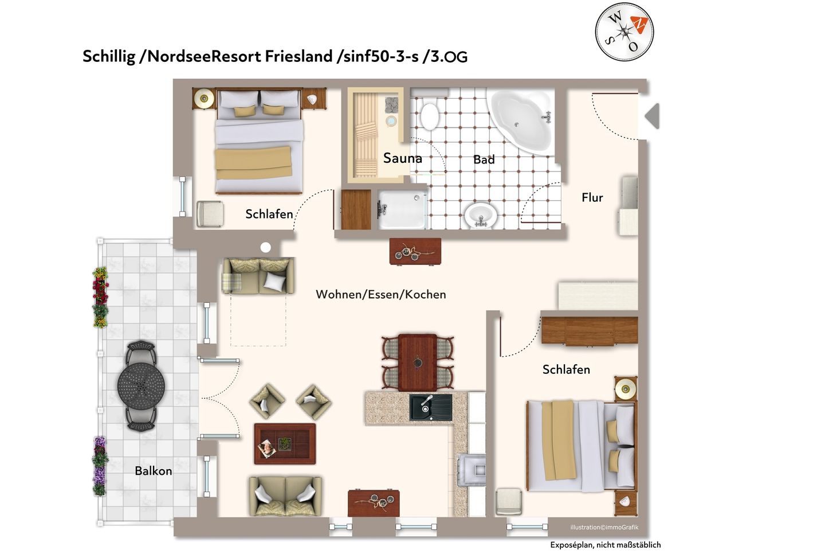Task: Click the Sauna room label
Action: (x=402, y=158)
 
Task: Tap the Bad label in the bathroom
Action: (x=484, y=159)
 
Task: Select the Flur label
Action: (x=592, y=197)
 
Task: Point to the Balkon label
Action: (x=153, y=471)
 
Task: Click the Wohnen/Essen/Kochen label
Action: (x=381, y=295)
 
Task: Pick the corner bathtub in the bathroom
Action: (x=521, y=120)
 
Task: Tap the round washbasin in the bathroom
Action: (x=481, y=215)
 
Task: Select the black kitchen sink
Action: (x=431, y=407)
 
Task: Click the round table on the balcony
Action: (x=141, y=386)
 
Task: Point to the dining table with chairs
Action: (x=418, y=362)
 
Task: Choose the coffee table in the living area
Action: (x=285, y=444)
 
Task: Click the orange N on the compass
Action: (x=639, y=25)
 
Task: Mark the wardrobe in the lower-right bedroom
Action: (x=590, y=331)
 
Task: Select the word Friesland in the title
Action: (x=298, y=56)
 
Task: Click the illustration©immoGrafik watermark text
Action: (x=604, y=528)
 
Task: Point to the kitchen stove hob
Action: (x=472, y=470)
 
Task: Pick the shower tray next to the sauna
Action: (x=402, y=210)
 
